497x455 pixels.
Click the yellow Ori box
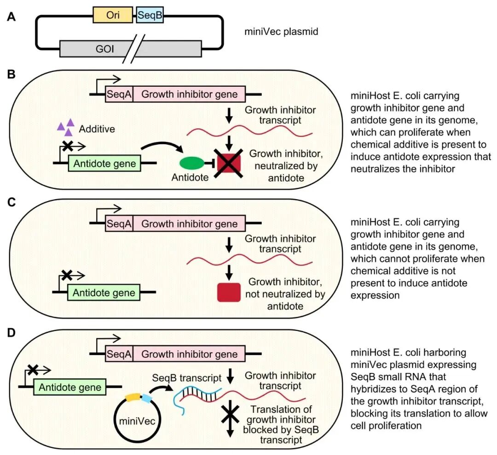113,15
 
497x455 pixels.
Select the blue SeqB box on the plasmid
150,15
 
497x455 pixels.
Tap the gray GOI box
130,47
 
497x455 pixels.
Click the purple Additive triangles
65,127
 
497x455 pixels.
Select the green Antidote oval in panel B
192,163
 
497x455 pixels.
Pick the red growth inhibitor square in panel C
229,292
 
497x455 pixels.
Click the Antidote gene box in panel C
104,293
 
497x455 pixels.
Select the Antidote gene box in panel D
69,387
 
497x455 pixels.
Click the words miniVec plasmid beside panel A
282,32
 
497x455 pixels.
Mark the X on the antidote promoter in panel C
66,275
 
